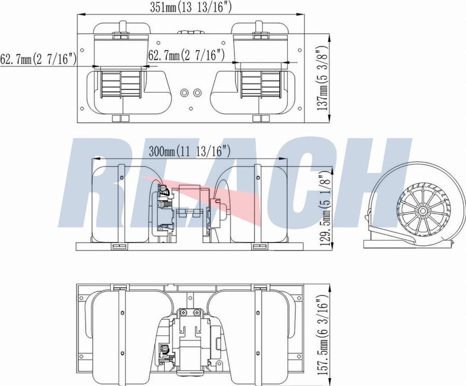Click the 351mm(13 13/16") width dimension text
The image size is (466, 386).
[x=191, y=7]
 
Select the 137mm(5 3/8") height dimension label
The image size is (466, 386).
[x=323, y=78]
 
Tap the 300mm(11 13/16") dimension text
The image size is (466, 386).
[x=190, y=152]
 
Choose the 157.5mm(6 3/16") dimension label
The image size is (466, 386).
[x=323, y=335]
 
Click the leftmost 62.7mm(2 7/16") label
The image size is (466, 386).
[x=38, y=59]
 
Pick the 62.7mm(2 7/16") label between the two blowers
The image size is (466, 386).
[x=186, y=55]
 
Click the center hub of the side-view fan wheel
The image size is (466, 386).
[x=423, y=210]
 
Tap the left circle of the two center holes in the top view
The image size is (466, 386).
[x=184, y=93]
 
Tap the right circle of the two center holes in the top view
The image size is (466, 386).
[x=197, y=93]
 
